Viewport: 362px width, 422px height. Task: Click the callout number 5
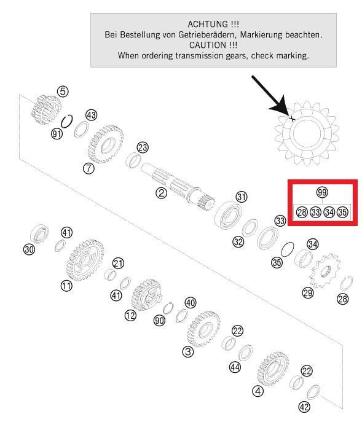tap(63, 92)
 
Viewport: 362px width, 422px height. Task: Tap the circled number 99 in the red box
tap(322, 192)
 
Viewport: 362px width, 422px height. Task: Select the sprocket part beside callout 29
tap(325, 270)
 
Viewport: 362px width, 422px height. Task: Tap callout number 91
tap(57, 133)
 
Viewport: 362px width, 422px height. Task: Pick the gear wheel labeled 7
tap(106, 144)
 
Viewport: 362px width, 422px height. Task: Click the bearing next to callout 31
tap(229, 215)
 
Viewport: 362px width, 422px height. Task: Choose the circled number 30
tap(29, 249)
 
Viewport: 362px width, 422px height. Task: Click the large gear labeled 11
tap(85, 260)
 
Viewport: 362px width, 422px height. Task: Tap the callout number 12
tap(130, 315)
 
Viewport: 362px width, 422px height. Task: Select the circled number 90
tap(159, 320)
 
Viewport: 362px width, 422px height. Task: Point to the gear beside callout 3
tap(203, 329)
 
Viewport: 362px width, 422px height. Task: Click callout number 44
tap(235, 367)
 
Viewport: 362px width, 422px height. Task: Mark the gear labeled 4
tap(273, 369)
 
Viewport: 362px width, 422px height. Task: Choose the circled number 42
tap(304, 407)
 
